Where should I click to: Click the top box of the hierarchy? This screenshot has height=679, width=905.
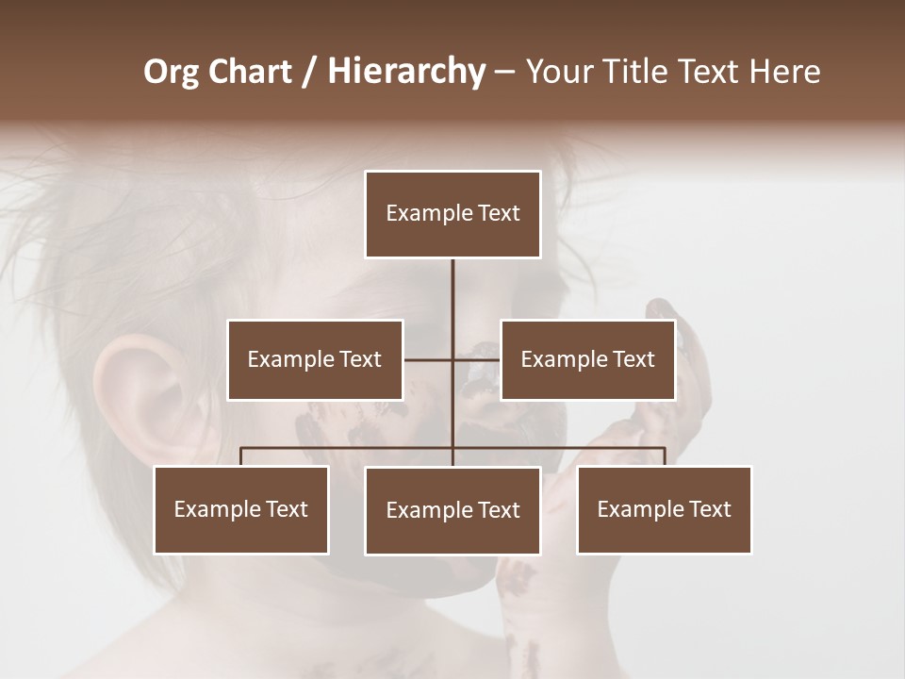point(452,214)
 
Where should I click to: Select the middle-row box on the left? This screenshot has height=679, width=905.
point(315,359)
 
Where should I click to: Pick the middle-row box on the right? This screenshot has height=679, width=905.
point(587,359)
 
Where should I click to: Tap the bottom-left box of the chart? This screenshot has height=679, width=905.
point(241,509)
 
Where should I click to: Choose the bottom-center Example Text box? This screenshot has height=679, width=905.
point(452,510)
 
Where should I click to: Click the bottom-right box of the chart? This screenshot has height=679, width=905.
point(664,509)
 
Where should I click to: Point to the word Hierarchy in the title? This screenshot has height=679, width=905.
point(406,72)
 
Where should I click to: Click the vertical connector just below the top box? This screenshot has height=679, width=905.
point(452,283)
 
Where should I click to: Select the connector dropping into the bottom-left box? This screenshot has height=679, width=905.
point(241,456)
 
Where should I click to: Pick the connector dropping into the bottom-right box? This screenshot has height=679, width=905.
point(665,456)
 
